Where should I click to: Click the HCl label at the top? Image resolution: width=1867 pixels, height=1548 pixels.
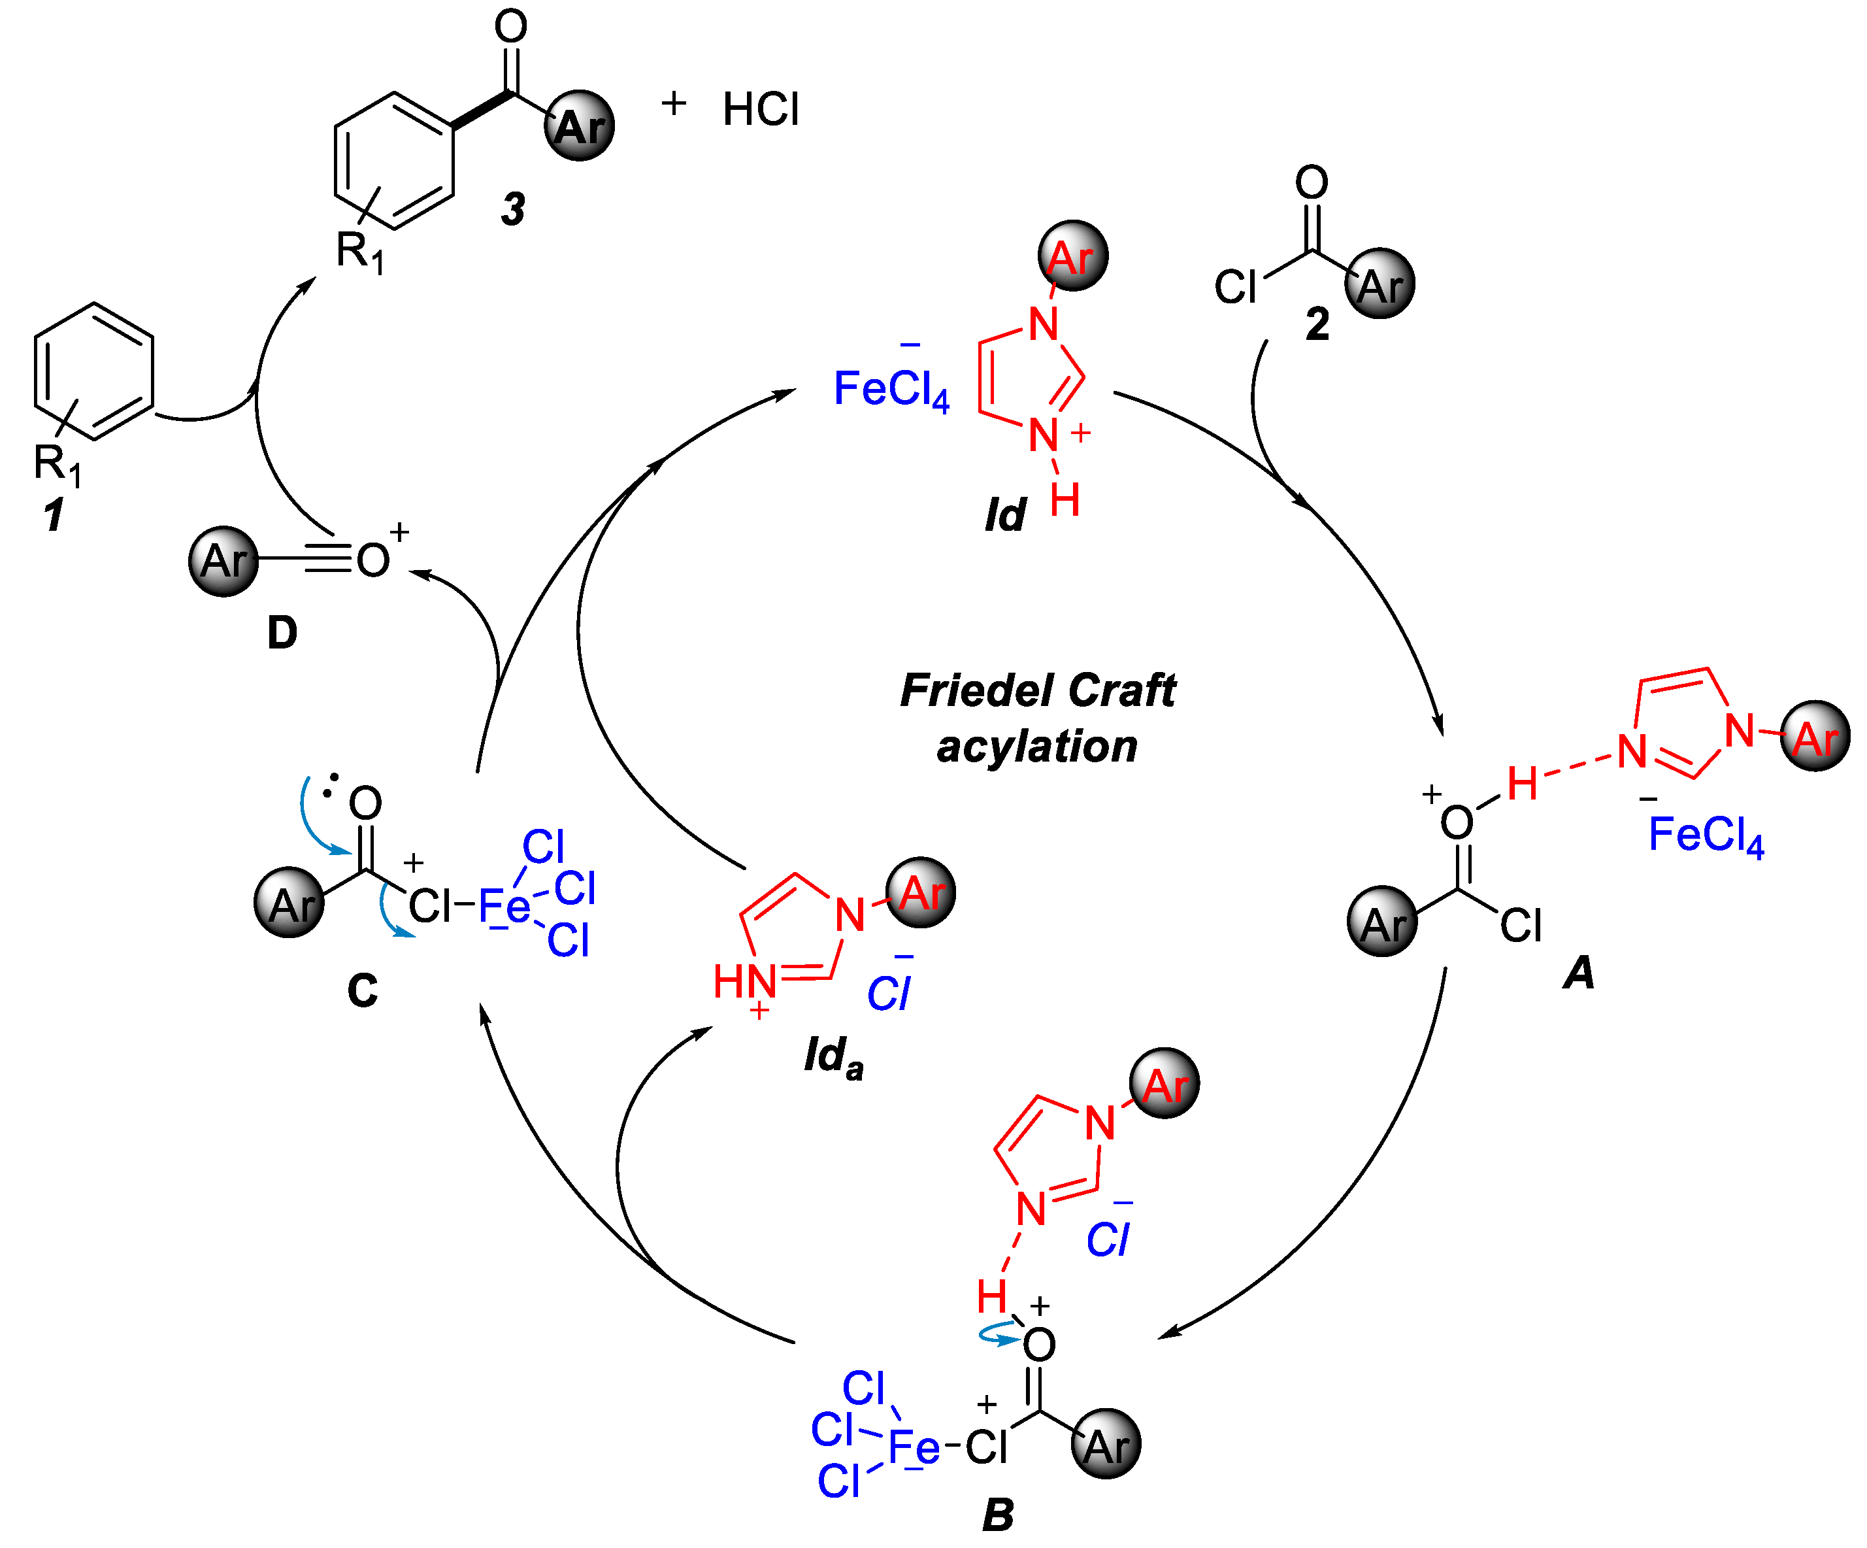click(x=761, y=109)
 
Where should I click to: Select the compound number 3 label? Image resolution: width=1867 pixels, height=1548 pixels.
click(x=513, y=209)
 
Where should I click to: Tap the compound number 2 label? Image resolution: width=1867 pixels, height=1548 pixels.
click(x=1317, y=324)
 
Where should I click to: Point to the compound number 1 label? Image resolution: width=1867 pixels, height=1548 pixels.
click(x=54, y=514)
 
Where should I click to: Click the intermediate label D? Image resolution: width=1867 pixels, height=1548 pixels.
click(x=282, y=632)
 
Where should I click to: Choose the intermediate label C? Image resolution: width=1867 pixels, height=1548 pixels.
click(x=362, y=990)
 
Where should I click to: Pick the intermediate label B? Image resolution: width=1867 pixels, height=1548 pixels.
click(x=997, y=1514)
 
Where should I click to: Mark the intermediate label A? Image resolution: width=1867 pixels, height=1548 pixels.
click(x=1579, y=972)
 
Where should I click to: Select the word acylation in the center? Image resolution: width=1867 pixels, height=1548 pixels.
click(x=1036, y=745)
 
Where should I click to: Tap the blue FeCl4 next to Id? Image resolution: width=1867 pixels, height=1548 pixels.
click(x=891, y=390)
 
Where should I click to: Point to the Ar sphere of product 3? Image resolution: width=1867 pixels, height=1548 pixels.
click(x=580, y=126)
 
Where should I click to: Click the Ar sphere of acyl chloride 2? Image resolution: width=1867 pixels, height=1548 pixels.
click(x=1380, y=284)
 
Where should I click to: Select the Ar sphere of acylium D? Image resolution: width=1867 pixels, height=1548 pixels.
click(x=223, y=561)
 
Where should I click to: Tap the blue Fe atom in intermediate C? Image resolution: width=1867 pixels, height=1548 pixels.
click(x=503, y=907)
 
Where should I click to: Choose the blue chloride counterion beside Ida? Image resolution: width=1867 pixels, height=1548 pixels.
click(x=889, y=992)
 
